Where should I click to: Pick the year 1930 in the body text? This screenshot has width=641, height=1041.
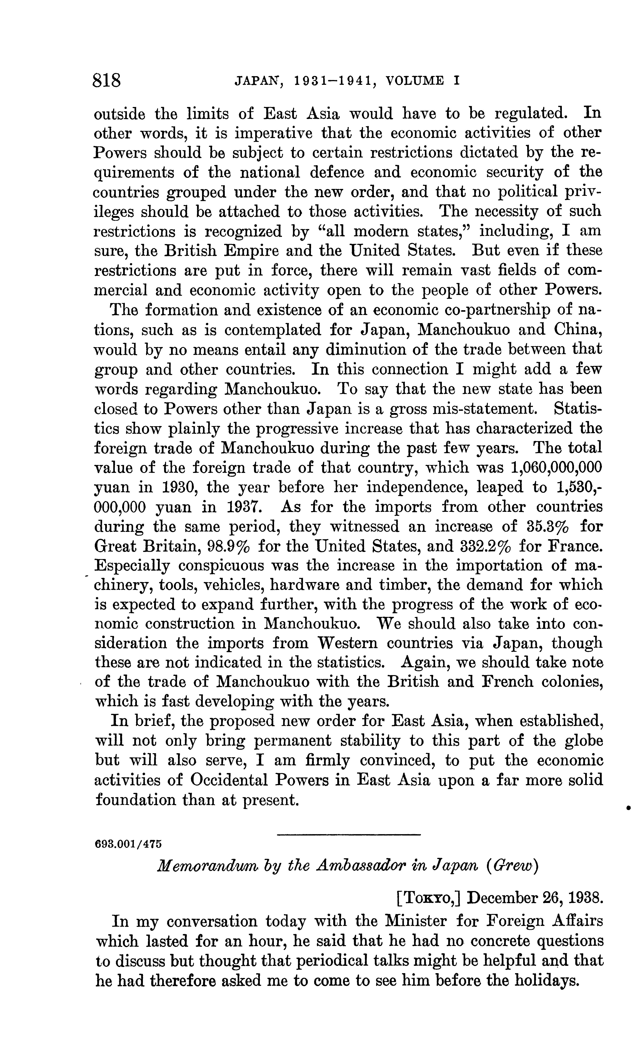[179, 487]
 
